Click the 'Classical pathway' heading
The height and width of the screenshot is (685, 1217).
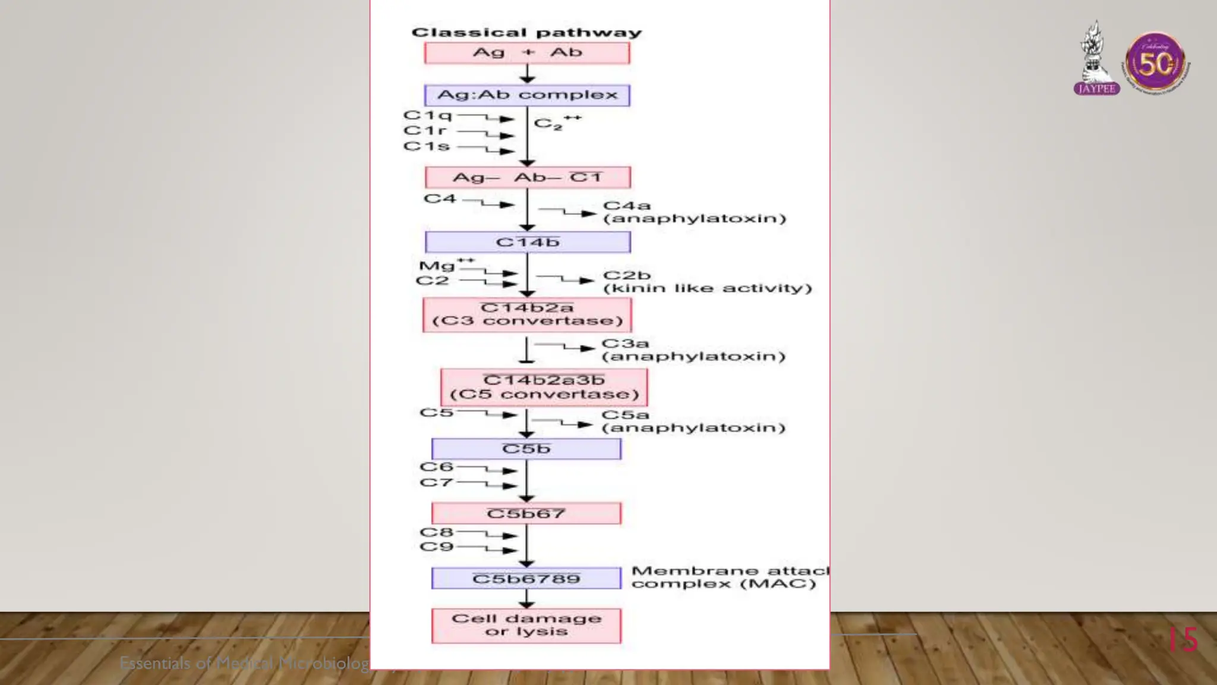point(526,33)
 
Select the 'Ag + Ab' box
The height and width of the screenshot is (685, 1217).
point(527,53)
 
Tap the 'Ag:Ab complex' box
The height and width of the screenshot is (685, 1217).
point(527,95)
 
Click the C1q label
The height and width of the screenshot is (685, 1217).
point(427,115)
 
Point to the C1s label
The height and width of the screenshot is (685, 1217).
point(426,146)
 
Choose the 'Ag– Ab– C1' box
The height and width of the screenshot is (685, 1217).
point(528,177)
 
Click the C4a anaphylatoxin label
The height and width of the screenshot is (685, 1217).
point(693,212)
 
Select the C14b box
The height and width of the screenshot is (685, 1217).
point(528,242)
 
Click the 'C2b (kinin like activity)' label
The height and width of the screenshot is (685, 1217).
point(707,282)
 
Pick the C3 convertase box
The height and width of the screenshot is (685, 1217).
point(527,315)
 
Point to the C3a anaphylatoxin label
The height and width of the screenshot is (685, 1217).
point(693,350)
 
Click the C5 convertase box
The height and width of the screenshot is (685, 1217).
point(544,387)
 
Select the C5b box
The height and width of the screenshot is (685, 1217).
point(526,449)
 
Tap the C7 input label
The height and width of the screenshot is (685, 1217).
point(436,482)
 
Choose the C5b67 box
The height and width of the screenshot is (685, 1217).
point(526,514)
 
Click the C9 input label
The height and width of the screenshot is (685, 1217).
point(436,547)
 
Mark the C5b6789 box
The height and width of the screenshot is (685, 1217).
point(526,579)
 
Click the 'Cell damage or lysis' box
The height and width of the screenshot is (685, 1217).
point(526,626)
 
